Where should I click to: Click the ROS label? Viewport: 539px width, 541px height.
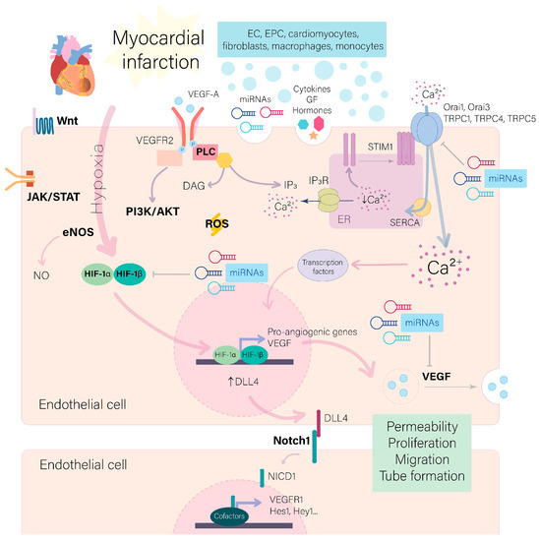[221, 224]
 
